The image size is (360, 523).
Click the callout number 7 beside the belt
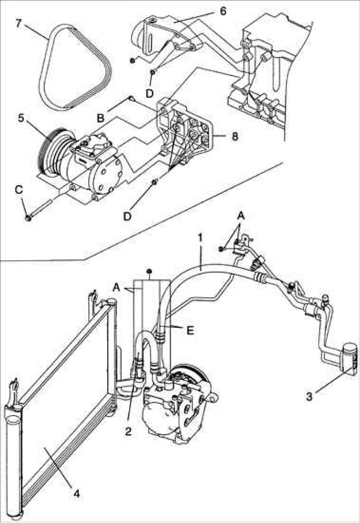click(19, 24)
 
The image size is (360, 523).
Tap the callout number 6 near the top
click(222, 11)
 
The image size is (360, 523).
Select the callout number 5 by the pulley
click(21, 118)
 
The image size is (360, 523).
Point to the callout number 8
click(235, 136)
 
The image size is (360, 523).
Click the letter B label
click(100, 118)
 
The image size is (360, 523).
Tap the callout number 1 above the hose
click(200, 237)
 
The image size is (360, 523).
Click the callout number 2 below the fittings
click(128, 431)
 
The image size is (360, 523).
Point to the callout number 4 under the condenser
click(76, 493)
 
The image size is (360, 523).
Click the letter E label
click(190, 330)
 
